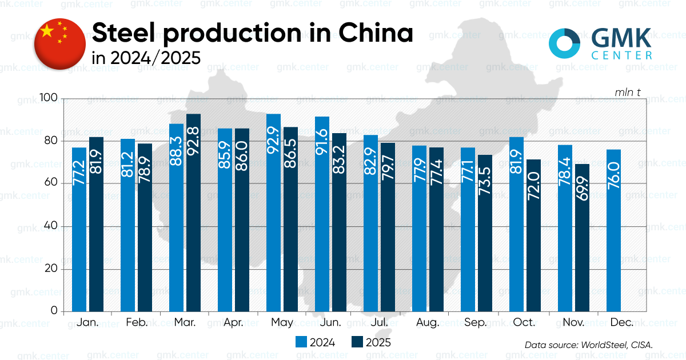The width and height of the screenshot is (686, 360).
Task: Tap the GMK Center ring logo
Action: click(x=565, y=42)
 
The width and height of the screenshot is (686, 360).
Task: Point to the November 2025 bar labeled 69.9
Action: click(x=582, y=238)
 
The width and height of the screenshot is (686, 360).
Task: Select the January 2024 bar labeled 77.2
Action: click(x=79, y=229)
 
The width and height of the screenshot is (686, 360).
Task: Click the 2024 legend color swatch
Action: click(x=301, y=342)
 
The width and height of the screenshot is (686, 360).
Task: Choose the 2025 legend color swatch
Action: click(x=357, y=342)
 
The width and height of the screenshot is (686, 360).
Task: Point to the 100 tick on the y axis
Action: click(x=50, y=98)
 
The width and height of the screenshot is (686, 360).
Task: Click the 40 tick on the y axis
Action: click(x=52, y=226)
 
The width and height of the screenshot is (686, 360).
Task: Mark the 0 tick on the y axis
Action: click(x=54, y=311)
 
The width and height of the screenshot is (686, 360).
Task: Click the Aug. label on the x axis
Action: click(x=428, y=323)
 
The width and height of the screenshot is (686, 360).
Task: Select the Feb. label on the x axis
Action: click(x=136, y=323)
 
